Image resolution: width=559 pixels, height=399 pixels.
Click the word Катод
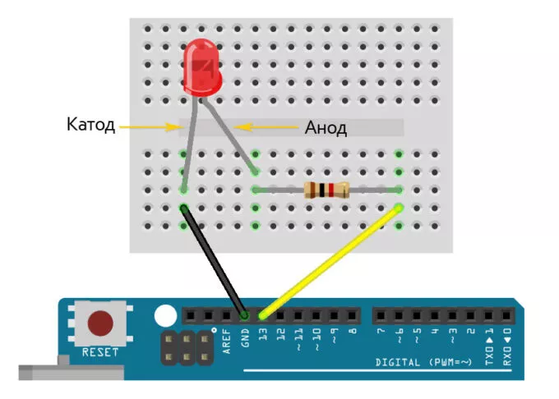90,126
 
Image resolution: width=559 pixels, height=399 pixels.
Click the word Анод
326,128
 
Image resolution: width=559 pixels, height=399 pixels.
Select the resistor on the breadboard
326,190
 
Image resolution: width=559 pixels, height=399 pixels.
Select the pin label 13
263,336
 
